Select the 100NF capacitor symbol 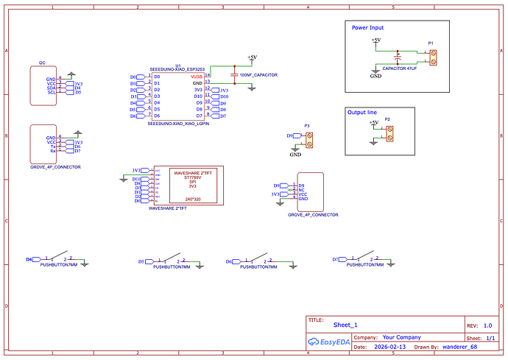click(234, 75)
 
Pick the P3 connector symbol click(309, 136)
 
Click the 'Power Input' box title click(367, 27)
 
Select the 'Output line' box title click(361, 112)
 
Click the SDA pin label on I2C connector click(52, 88)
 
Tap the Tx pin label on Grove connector click(52, 146)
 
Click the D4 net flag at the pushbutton click(30, 259)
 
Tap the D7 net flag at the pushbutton click(335, 259)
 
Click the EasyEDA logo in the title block click(329, 341)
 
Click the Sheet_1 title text click(345, 325)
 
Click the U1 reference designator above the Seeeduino click(178, 65)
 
